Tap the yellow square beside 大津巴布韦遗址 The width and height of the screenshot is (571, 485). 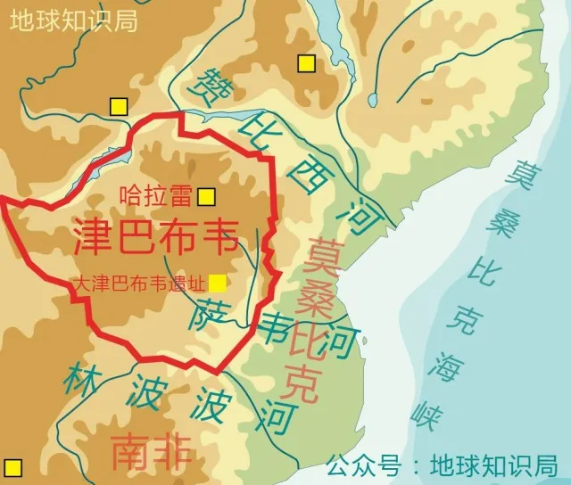[218, 284]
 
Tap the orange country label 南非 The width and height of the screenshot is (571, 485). [152, 453]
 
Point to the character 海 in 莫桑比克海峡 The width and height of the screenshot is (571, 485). [443, 364]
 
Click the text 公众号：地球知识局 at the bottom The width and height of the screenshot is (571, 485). [442, 465]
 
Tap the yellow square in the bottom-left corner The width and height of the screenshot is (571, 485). [12, 466]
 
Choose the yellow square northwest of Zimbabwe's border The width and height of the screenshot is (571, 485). [118, 107]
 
